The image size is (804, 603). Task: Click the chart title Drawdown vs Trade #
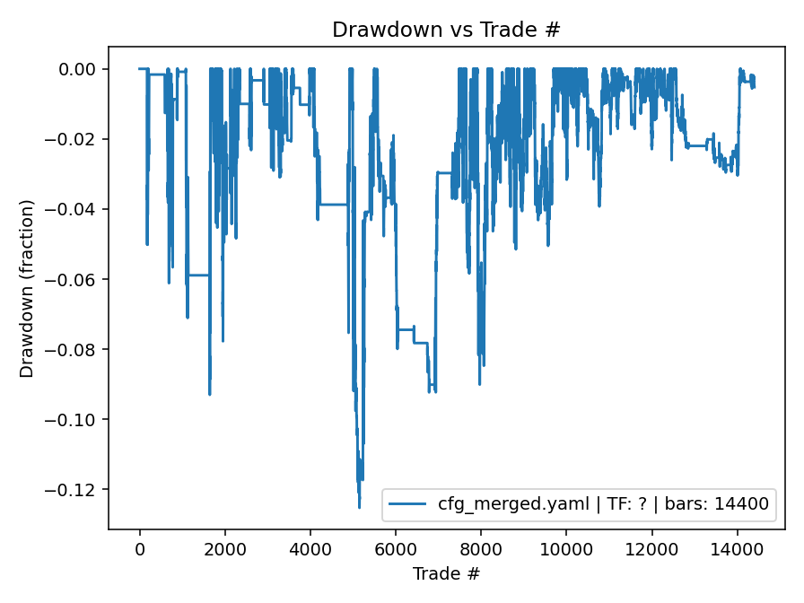coord(446,29)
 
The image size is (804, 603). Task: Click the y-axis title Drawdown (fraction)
coord(27,288)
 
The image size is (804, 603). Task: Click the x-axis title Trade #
coord(446,572)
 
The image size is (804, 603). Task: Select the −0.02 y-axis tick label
coord(77,139)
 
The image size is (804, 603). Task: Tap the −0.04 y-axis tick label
coord(77,209)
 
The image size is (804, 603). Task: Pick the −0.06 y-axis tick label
coord(77,279)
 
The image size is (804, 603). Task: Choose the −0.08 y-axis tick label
coord(77,349)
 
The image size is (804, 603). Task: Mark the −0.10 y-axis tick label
coord(77,419)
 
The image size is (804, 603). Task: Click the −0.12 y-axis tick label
coord(77,489)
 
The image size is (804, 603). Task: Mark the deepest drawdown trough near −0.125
coord(359,507)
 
